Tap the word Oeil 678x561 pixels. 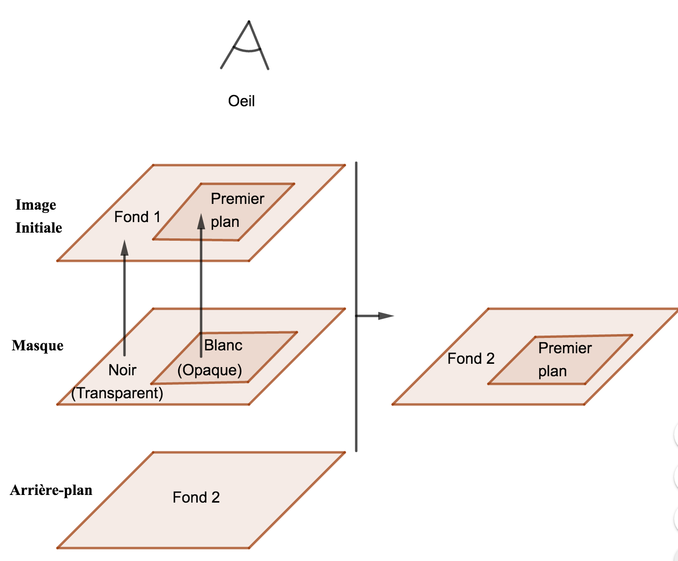(241, 101)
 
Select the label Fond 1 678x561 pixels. (137, 217)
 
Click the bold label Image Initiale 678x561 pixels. (38, 216)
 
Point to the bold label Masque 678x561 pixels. (37, 345)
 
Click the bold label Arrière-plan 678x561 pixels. (51, 490)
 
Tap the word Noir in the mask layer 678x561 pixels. (122, 370)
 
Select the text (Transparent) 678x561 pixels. (117, 393)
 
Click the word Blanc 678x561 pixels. (223, 345)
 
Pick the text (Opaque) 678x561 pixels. (210, 370)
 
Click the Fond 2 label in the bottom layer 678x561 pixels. (196, 497)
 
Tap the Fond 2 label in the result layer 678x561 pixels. (471, 359)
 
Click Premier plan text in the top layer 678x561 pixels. (237, 210)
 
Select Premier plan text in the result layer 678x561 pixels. (564, 359)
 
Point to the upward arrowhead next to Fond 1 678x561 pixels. (124, 247)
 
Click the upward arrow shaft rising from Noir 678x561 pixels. (124, 306)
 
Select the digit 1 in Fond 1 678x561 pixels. (157, 217)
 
